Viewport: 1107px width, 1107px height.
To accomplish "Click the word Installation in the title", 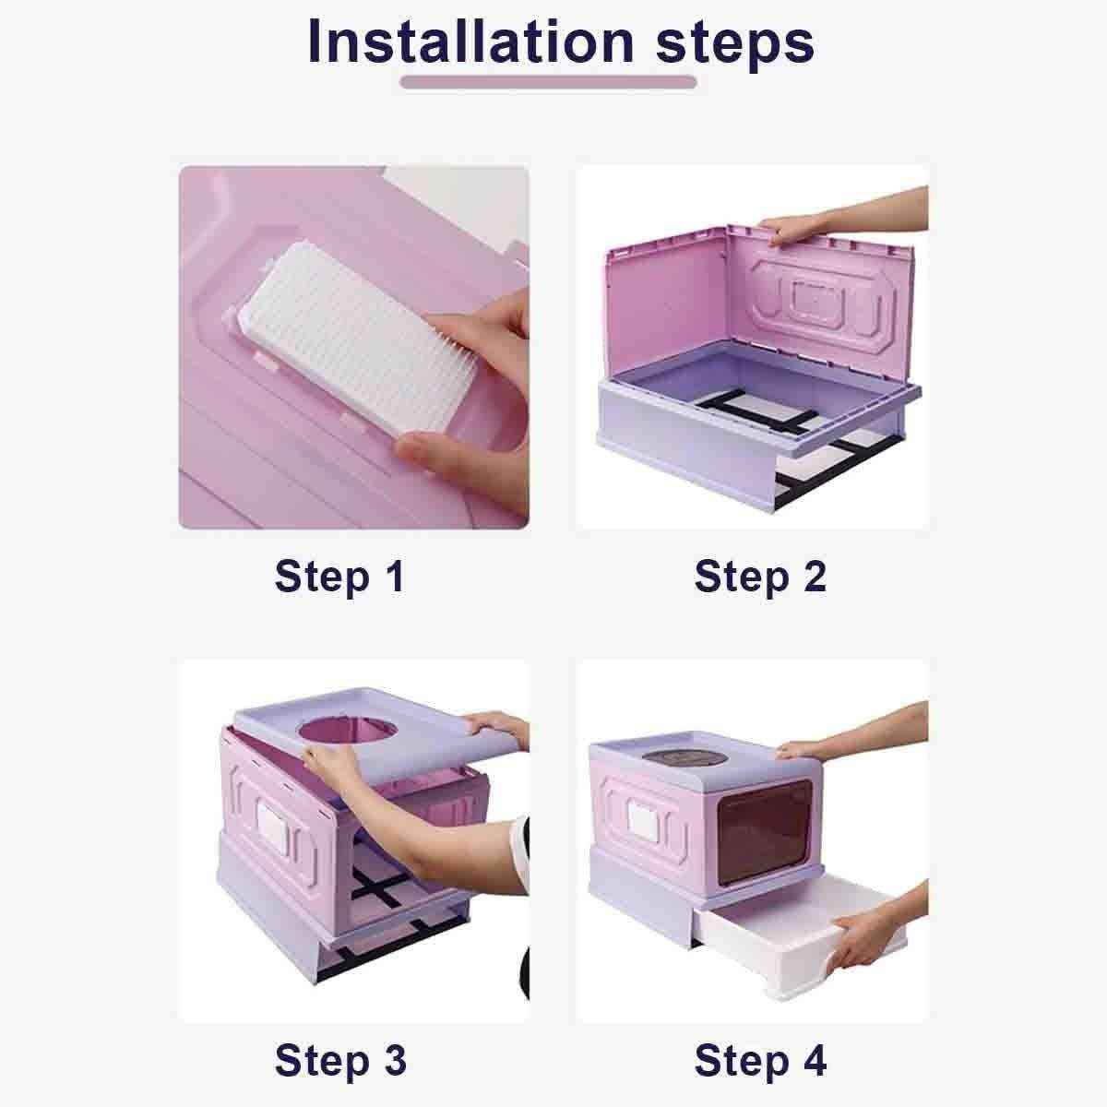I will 470,42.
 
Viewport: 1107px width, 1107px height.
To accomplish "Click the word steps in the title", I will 735,42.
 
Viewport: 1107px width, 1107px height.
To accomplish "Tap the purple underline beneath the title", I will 548,82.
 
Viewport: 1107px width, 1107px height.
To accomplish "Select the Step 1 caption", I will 339,577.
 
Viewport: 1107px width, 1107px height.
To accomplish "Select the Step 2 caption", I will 760,577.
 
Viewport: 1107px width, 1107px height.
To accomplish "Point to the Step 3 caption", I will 339,1060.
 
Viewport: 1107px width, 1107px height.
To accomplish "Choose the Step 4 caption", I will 760,1060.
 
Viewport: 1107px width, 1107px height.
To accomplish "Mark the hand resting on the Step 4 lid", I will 803,750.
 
